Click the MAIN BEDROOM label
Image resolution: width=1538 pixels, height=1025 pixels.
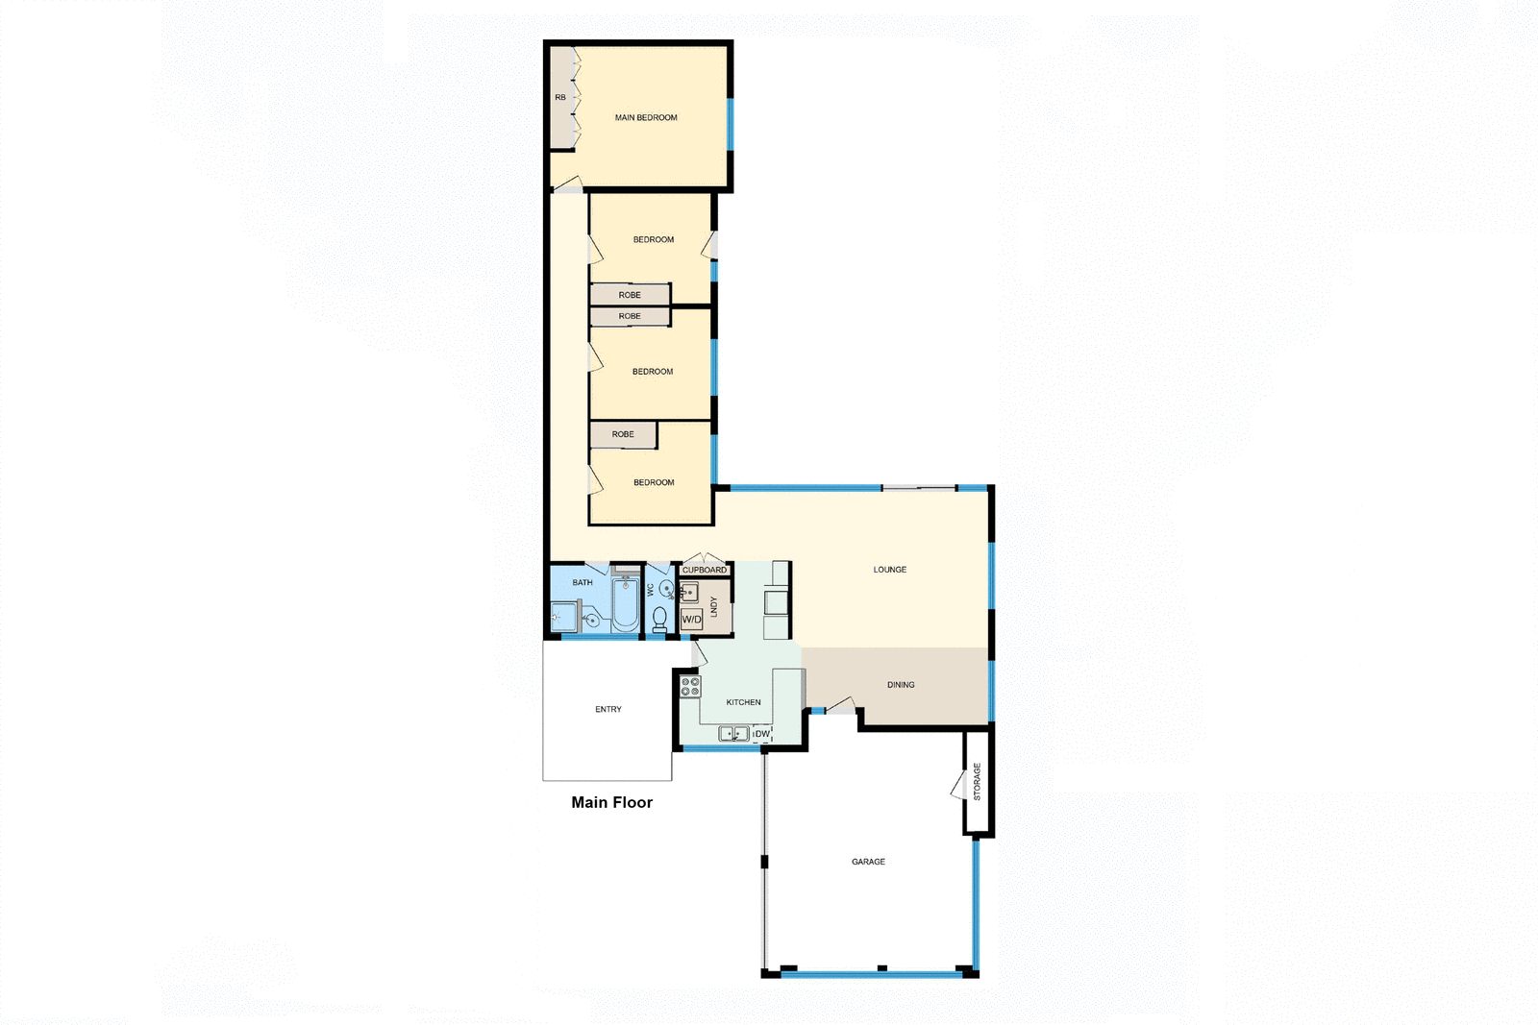(646, 118)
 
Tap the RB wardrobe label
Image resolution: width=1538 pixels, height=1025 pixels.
(560, 98)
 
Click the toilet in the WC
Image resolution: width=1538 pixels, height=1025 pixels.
(659, 618)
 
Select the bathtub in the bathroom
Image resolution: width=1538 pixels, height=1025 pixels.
(626, 604)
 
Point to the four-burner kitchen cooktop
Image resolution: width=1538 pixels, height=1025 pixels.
(690, 686)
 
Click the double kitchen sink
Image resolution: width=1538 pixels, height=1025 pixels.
(733, 734)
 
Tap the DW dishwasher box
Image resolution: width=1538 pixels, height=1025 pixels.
(762, 734)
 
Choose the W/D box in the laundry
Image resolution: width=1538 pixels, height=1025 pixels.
(691, 620)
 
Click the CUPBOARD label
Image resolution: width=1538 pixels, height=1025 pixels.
(705, 571)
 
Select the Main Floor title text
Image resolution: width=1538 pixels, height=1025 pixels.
(611, 802)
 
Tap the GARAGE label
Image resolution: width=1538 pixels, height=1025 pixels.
(868, 862)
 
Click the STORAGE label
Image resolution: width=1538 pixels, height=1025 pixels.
(978, 782)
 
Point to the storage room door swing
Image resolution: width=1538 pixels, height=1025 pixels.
(958, 786)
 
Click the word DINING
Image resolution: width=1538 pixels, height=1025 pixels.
(901, 685)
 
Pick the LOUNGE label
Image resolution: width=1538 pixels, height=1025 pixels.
(889, 570)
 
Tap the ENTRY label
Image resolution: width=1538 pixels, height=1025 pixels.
(608, 710)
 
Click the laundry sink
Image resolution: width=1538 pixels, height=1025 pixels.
(688, 592)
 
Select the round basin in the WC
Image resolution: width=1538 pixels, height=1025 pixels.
(666, 589)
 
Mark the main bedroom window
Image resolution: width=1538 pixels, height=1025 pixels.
(731, 124)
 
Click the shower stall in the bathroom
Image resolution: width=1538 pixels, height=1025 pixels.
(563, 616)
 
